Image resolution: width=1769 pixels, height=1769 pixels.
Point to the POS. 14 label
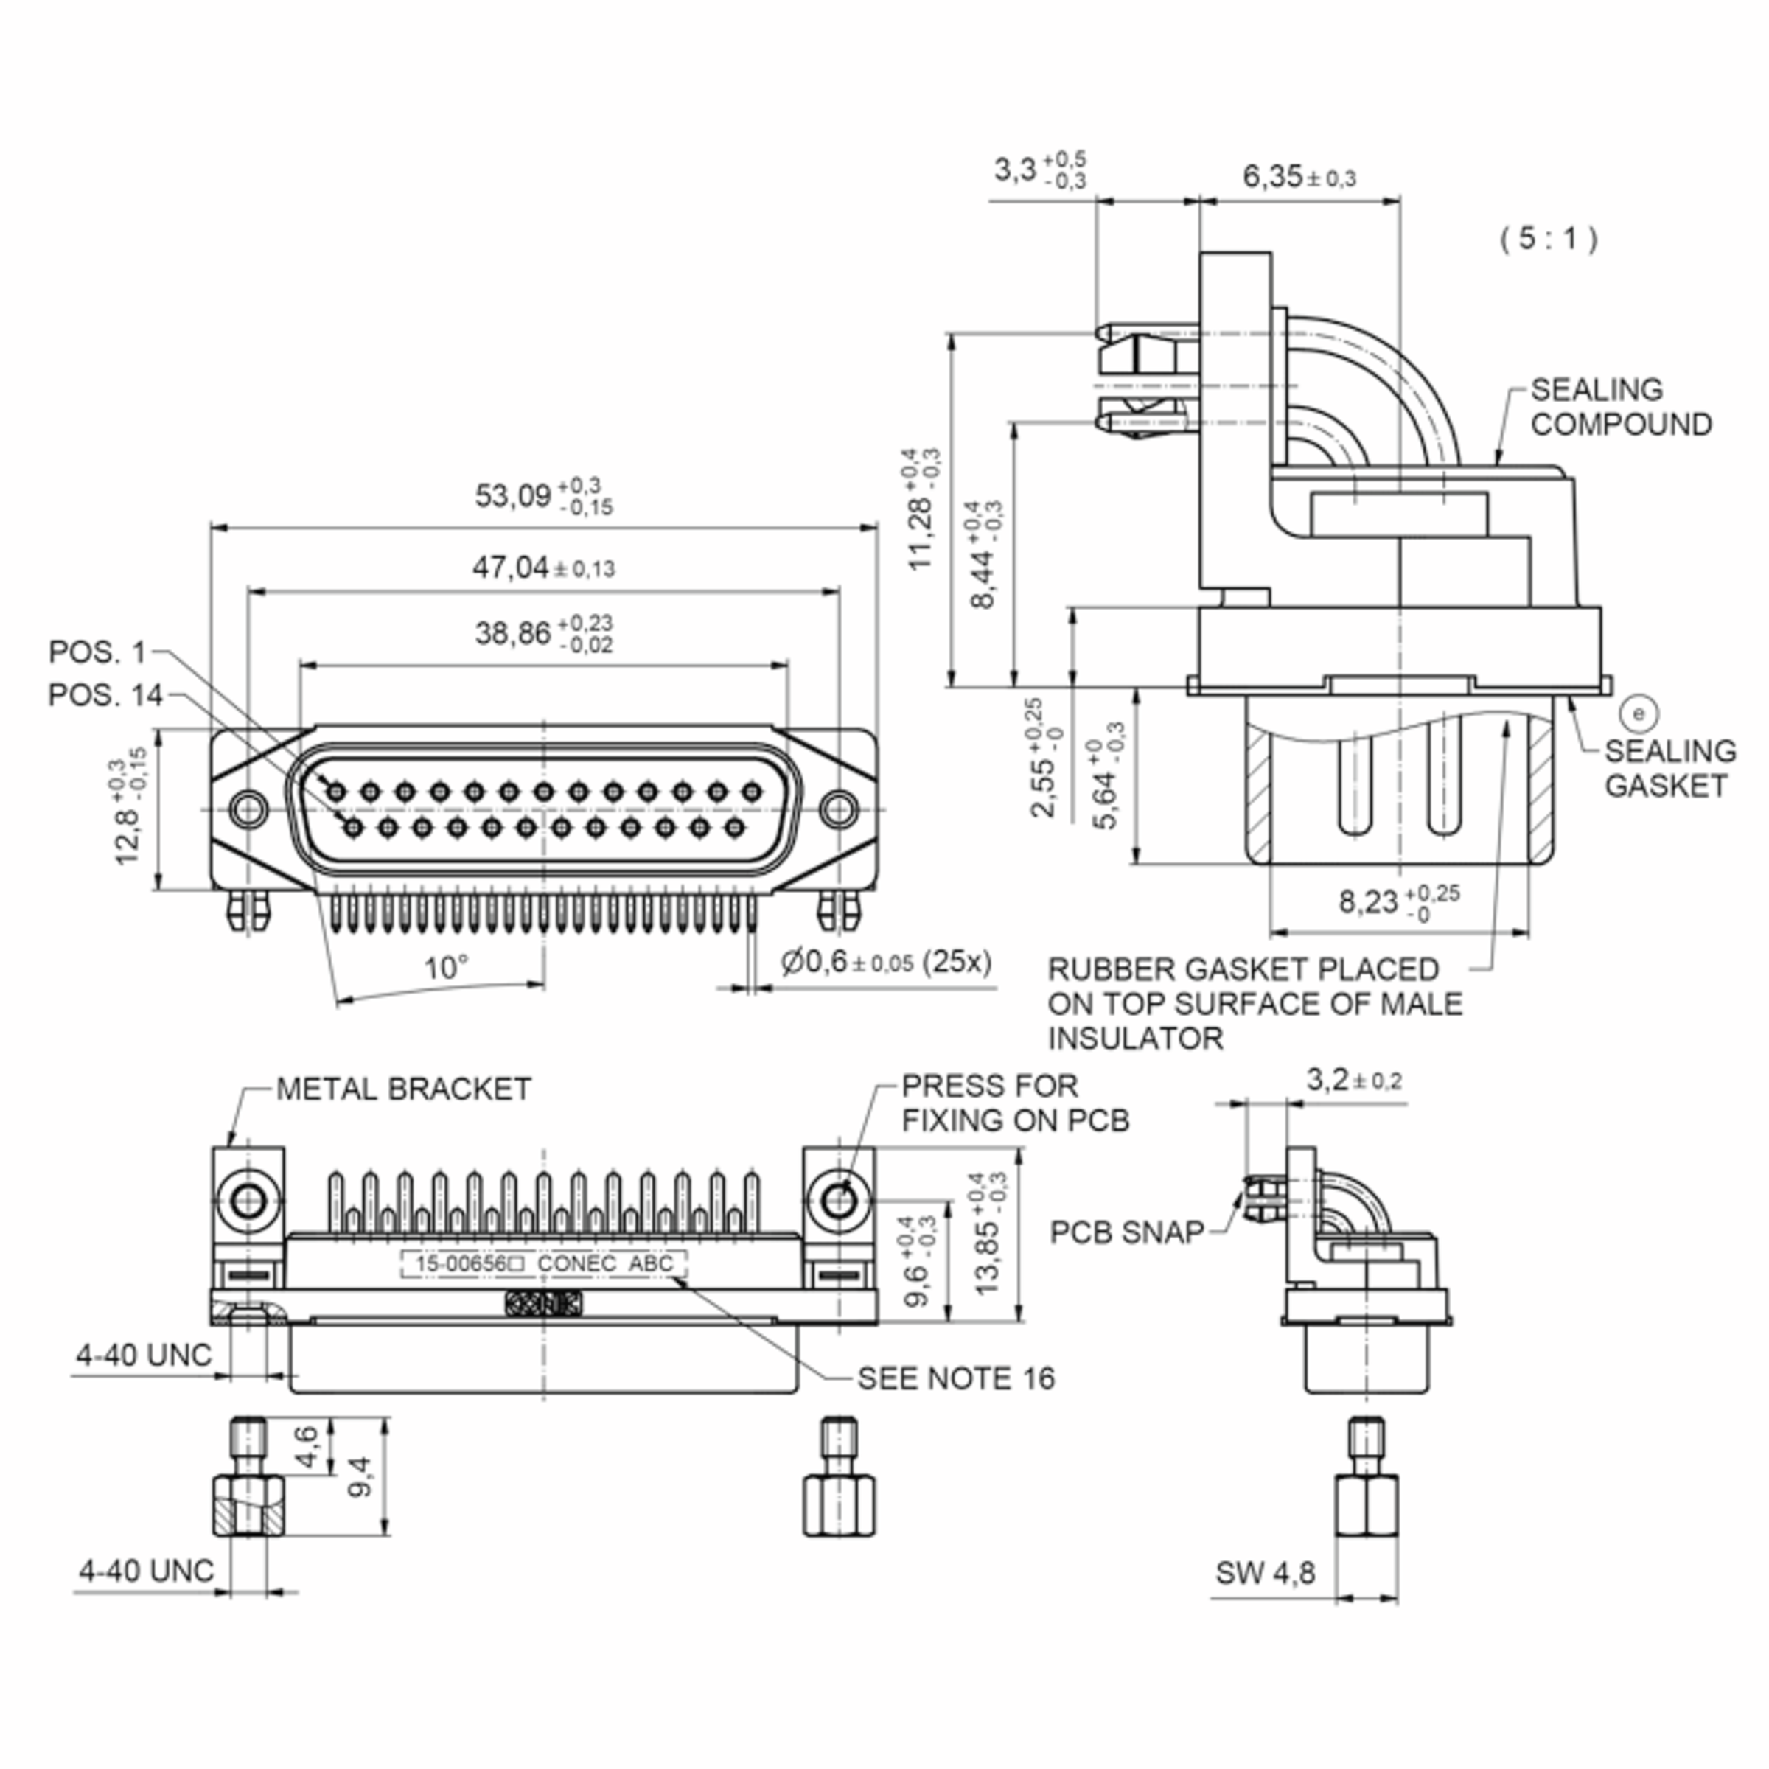point(105,695)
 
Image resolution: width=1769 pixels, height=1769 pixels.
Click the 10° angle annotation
point(446,967)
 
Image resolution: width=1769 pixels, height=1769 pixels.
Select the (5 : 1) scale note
point(1549,239)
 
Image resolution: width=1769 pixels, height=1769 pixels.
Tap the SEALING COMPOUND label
point(1620,408)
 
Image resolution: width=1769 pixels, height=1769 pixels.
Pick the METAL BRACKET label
point(403,1089)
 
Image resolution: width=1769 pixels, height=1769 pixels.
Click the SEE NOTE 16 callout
point(955,1378)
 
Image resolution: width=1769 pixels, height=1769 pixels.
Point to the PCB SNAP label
point(1126,1232)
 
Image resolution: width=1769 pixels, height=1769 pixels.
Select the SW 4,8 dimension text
point(1265,1573)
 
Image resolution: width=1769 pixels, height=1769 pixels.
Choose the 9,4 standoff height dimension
point(360,1476)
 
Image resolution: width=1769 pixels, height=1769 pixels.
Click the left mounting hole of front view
point(248,809)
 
